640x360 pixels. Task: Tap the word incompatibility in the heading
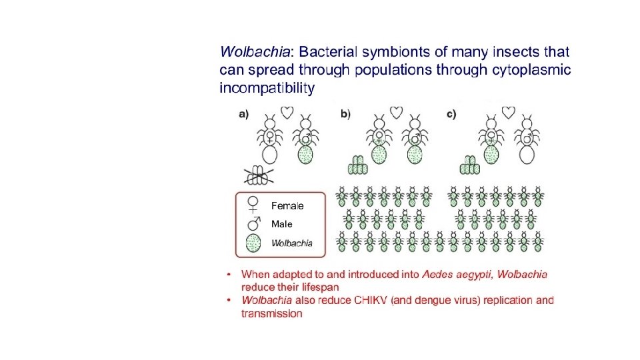coord(267,88)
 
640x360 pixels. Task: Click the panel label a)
coord(243,114)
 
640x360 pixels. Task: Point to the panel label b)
coord(345,114)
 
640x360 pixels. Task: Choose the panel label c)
coord(451,114)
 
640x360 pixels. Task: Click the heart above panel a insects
coord(287,113)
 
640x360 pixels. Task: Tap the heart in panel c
coord(509,111)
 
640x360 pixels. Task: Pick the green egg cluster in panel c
coord(470,165)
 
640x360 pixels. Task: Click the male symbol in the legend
coord(254,223)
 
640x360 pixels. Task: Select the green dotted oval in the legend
coord(254,243)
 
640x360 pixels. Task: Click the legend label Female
coord(287,205)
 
